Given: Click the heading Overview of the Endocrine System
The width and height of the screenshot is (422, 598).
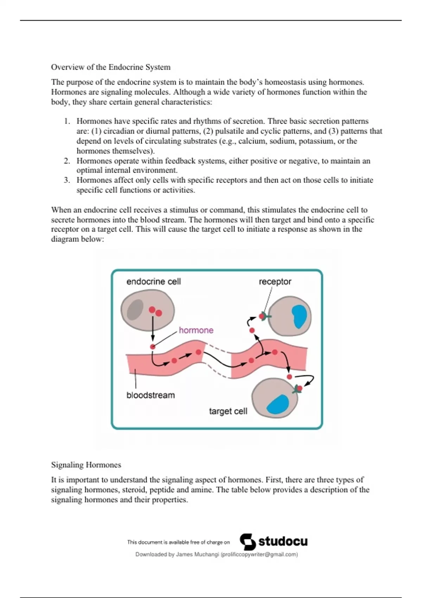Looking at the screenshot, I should tap(110, 67).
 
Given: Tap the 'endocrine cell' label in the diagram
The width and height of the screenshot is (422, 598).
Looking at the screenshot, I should tap(153, 281).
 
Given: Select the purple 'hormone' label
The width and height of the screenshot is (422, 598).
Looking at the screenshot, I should tap(196, 330).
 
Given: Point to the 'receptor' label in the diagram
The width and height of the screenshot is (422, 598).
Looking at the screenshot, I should tap(275, 281).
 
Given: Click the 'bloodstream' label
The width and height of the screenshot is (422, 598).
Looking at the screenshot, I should tap(150, 395).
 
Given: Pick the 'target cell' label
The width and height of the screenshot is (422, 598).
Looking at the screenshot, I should tap(228, 411).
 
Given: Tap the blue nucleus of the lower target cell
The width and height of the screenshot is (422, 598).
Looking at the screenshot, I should tap(278, 405).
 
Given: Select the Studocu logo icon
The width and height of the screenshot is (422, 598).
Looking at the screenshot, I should tap(248, 542).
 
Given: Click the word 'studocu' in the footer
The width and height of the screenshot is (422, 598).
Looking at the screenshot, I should tap(283, 541).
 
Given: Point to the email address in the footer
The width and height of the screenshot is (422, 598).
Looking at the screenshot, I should tap(259, 554).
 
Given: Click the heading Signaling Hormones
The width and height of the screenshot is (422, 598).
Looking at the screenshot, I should tap(86, 465).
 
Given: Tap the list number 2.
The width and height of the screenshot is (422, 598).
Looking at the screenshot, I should tap(67, 161).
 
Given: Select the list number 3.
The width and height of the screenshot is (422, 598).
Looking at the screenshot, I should tap(67, 180).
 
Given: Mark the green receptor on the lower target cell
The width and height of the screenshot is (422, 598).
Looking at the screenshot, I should tap(298, 389).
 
